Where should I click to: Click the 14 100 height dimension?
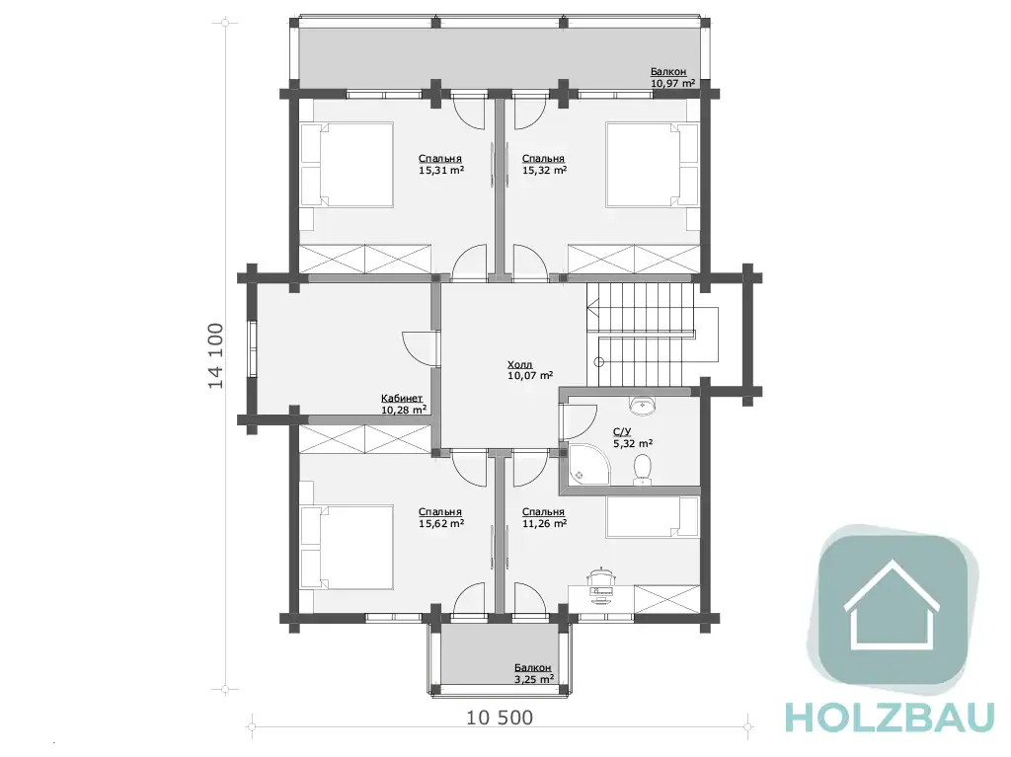point(216,355)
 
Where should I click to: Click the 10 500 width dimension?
point(500,717)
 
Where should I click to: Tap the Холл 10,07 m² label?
point(530,370)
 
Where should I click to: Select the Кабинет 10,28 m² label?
point(404,405)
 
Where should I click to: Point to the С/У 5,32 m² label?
point(633,438)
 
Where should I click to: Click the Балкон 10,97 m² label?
point(671,77)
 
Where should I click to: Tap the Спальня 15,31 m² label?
point(441,165)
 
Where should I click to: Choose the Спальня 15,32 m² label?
point(544,165)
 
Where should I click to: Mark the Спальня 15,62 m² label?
point(441,518)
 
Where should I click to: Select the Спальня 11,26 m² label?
point(544,518)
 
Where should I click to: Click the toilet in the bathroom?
point(642,470)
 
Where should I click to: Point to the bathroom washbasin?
point(642,406)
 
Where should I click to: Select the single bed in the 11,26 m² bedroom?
point(652,516)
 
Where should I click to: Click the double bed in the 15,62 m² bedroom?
point(347,547)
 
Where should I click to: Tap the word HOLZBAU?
point(891,718)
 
